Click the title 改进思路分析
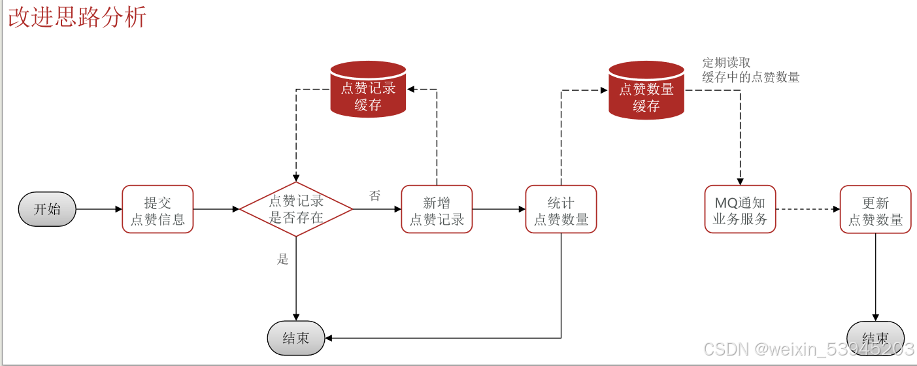(77, 18)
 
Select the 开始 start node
(47, 209)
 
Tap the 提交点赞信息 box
(158, 209)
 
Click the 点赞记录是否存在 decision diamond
(296, 209)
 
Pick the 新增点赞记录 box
(437, 209)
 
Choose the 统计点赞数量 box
(561, 209)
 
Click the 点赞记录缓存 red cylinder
(368, 90)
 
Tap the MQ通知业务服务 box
(740, 209)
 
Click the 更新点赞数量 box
(875, 209)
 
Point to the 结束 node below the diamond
(296, 338)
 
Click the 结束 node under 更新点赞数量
(875, 338)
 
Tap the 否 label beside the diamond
(375, 195)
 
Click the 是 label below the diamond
(282, 259)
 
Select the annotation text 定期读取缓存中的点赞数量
(750, 71)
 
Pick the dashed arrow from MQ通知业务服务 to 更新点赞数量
(808, 209)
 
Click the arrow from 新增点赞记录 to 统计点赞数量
(499, 209)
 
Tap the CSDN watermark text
(808, 349)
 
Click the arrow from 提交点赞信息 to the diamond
(216, 209)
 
